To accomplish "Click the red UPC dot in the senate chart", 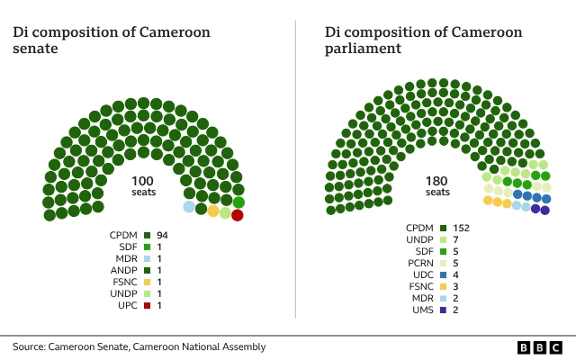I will (x=238, y=215).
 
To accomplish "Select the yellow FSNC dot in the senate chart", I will (x=213, y=211).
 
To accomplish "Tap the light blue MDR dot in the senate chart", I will (x=189, y=207).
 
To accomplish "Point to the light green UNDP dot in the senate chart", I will (x=225, y=213).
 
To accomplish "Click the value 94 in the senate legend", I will (x=163, y=235).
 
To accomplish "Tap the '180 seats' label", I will (x=437, y=186).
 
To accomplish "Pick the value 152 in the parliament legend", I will (x=462, y=228).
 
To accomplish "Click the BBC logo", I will (x=540, y=346).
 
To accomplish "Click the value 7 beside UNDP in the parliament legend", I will (x=456, y=239).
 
